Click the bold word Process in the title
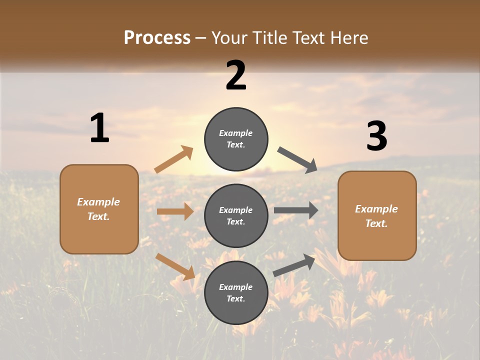tap(157, 38)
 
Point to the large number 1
tap(99, 128)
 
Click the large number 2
tap(236, 75)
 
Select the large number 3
tap(376, 136)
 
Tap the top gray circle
tap(236, 138)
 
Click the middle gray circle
tap(236, 215)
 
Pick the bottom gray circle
tap(236, 292)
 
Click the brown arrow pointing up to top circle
tap(174, 159)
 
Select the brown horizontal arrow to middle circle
tap(175, 211)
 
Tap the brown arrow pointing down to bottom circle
tap(175, 266)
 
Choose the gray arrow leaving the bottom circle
tap(294, 265)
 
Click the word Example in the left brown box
tap(98, 202)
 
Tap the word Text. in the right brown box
tap(376, 223)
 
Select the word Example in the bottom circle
tap(236, 287)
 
